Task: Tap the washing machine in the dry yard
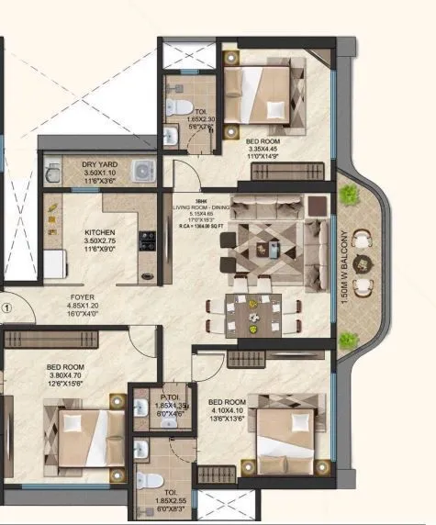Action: [x=142, y=171]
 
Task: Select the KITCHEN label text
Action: [x=99, y=232]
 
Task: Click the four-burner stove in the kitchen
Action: [x=147, y=240]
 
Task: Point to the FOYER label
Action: [x=83, y=297]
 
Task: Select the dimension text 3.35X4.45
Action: [x=263, y=149]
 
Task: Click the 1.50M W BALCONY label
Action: [x=341, y=262]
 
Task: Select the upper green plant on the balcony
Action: [x=348, y=195]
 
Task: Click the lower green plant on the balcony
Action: [x=346, y=341]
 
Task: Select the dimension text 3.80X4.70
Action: [x=64, y=374]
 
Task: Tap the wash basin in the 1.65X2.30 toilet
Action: [x=172, y=136]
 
